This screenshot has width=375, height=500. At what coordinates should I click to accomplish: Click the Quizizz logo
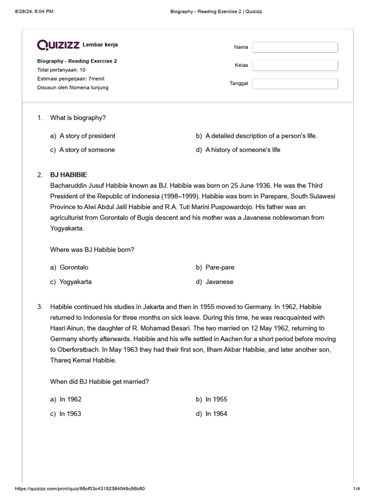point(59,45)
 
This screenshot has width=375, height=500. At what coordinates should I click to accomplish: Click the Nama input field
point(295,47)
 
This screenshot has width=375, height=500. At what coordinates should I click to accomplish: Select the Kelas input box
point(295,65)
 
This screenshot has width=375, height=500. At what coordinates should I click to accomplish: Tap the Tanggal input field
point(295,83)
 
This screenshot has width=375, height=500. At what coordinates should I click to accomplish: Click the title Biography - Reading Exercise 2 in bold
point(77,61)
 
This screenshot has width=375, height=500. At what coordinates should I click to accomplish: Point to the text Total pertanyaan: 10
point(62,70)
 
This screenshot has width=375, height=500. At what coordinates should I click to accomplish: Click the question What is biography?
point(78,118)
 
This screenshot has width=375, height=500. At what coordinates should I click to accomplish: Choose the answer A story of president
point(87,136)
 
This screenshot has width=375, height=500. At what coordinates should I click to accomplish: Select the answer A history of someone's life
point(243,150)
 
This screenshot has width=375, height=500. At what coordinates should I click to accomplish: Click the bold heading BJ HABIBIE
point(69,175)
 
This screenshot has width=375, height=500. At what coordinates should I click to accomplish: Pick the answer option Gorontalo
point(74,268)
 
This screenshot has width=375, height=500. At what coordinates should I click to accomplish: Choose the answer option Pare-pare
point(220,268)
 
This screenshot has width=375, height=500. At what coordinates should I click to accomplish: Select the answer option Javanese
point(220,282)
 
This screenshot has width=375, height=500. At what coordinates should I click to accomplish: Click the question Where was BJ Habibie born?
point(92,250)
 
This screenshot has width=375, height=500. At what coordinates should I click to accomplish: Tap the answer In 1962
point(70,399)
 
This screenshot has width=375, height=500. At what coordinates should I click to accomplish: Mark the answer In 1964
point(216,414)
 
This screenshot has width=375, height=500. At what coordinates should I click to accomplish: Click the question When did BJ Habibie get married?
point(100,381)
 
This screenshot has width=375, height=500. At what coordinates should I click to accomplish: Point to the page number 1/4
point(356,489)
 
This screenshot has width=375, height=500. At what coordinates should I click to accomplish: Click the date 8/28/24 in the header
point(25,11)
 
